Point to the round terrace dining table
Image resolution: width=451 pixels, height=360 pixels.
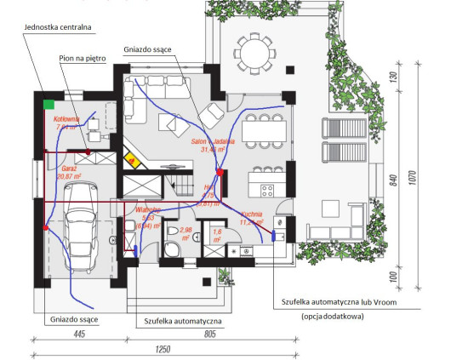pos(251,53)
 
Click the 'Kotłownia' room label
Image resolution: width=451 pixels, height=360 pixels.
pos(66,120)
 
